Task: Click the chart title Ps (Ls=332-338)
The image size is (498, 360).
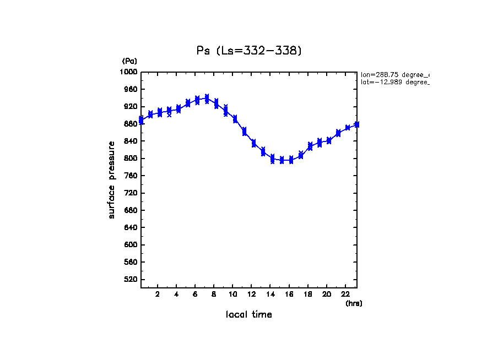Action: click(249, 51)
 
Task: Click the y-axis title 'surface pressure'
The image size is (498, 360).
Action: click(112, 179)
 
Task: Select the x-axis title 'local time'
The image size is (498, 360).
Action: click(249, 315)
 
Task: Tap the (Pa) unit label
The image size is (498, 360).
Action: click(129, 61)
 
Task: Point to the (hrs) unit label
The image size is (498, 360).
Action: click(354, 303)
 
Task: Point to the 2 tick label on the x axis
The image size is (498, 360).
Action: click(158, 294)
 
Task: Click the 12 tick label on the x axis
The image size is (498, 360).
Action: click(252, 294)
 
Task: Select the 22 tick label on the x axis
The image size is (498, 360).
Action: click(345, 294)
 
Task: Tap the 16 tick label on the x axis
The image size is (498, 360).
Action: click(289, 294)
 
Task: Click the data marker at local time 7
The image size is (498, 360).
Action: click(207, 99)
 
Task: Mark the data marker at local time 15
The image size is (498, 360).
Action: click(282, 160)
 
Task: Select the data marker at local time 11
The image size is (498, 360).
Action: click(244, 131)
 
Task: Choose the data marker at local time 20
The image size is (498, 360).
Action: click(329, 140)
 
